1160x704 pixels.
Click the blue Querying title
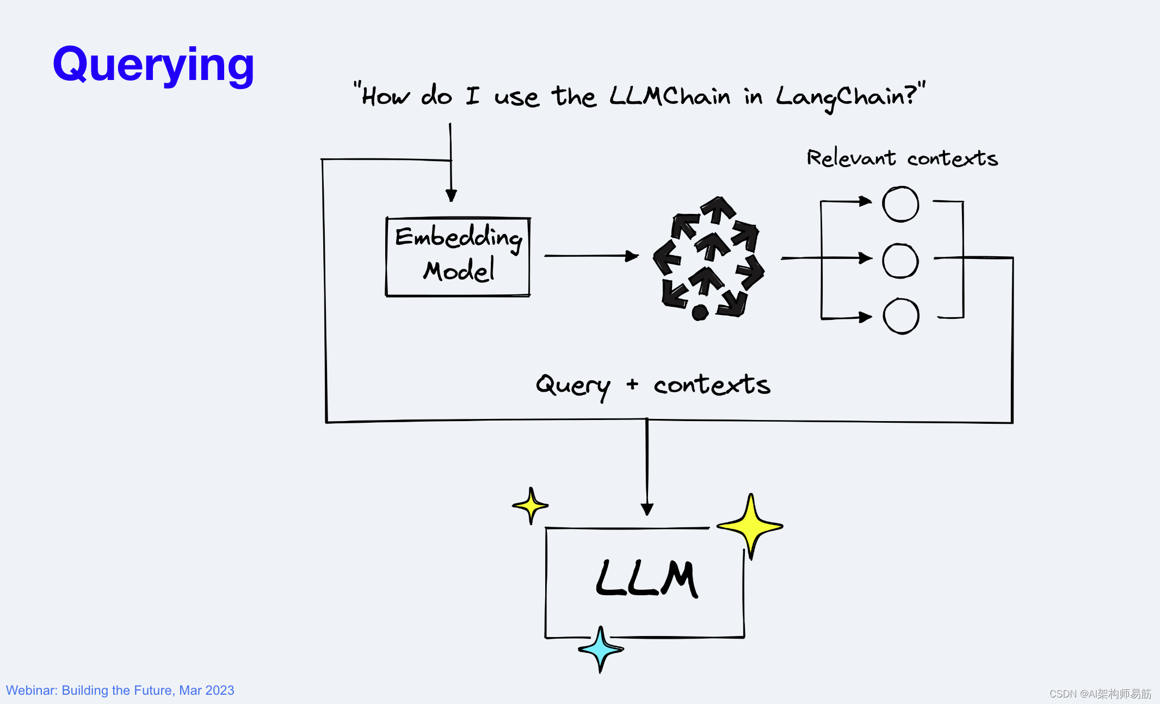153,65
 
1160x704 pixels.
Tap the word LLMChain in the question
669,97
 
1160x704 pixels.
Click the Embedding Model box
458,256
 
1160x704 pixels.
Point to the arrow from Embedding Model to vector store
590,256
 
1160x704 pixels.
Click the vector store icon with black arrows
708,259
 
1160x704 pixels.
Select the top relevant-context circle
900,204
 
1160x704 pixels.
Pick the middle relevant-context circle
900,261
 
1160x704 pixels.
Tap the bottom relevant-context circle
901,316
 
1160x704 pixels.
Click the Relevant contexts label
902,158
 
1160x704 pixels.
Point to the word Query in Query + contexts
573,385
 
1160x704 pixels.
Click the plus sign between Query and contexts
632,385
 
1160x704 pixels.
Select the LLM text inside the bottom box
646,579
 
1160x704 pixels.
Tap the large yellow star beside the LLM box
750,526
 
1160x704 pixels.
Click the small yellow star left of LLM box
530,506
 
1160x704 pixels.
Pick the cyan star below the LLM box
601,649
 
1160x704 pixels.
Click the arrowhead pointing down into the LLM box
647,509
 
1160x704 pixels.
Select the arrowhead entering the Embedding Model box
451,195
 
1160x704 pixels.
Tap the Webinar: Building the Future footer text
120,690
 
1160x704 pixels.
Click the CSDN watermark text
1100,694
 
